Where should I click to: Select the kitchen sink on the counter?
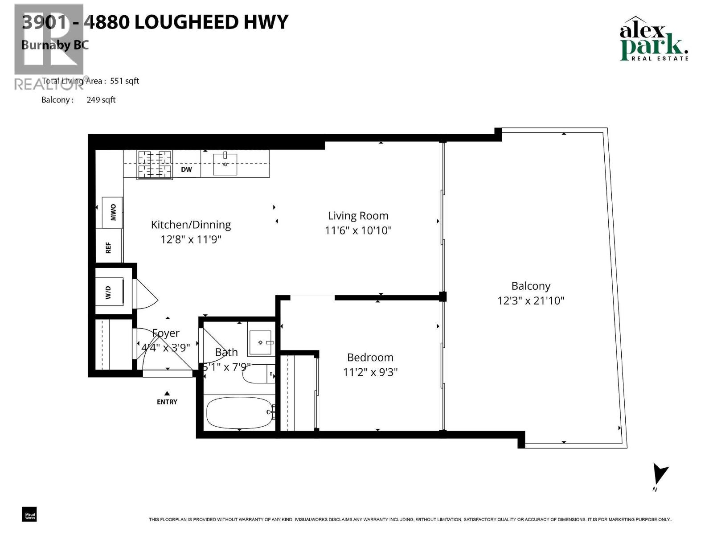(225, 164)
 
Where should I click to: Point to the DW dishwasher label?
(186, 169)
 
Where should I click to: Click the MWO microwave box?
(112, 212)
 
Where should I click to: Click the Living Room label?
(358, 216)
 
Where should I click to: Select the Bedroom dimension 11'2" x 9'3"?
(370, 372)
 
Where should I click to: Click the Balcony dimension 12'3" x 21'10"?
(530, 300)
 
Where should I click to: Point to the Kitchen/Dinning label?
(191, 225)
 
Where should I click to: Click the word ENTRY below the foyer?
(167, 402)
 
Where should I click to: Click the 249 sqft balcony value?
(101, 100)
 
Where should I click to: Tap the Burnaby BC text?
(55, 45)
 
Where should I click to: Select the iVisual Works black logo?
(29, 514)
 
